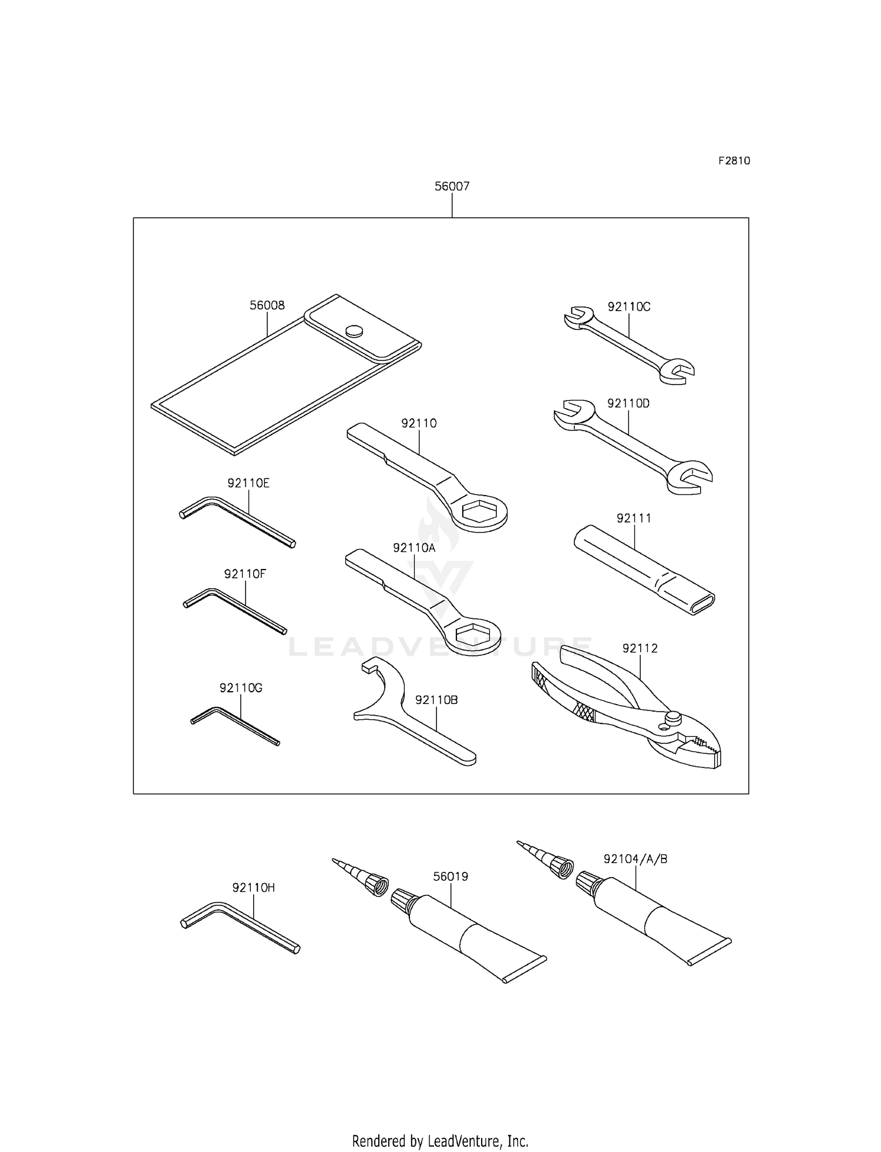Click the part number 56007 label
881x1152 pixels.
(x=452, y=187)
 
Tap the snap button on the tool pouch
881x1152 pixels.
(x=354, y=331)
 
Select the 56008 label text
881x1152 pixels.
(x=267, y=305)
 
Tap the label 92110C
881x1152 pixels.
(x=628, y=306)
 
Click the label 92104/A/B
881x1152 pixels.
(x=635, y=859)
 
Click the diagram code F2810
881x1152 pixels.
(x=734, y=161)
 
